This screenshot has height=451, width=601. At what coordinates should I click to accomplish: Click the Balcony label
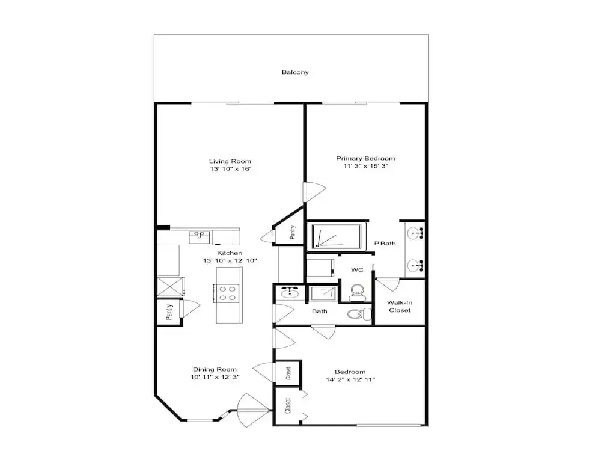[295, 72]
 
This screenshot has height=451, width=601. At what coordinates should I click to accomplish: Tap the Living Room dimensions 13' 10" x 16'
[230, 169]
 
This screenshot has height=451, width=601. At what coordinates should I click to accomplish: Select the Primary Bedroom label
[365, 158]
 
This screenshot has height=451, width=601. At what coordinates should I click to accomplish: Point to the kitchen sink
[200, 237]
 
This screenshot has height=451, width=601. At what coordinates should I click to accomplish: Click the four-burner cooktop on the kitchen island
[228, 293]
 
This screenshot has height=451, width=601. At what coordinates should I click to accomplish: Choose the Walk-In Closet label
[400, 307]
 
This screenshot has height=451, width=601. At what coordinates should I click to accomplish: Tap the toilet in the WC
[357, 293]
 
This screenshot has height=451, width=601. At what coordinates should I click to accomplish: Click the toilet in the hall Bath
[359, 314]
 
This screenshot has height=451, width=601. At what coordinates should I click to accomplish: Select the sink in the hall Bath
[290, 293]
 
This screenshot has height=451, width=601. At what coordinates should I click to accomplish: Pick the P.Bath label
[385, 243]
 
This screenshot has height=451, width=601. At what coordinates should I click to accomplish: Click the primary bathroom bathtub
[337, 236]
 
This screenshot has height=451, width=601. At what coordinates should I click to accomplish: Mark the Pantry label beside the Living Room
[293, 232]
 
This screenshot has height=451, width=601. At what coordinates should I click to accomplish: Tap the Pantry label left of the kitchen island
[169, 312]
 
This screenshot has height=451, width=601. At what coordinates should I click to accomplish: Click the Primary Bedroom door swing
[315, 192]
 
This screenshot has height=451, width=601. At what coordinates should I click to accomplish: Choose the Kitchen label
[230, 253]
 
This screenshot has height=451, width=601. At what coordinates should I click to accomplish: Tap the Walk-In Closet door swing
[388, 284]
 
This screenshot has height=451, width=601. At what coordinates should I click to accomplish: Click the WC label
[357, 270]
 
